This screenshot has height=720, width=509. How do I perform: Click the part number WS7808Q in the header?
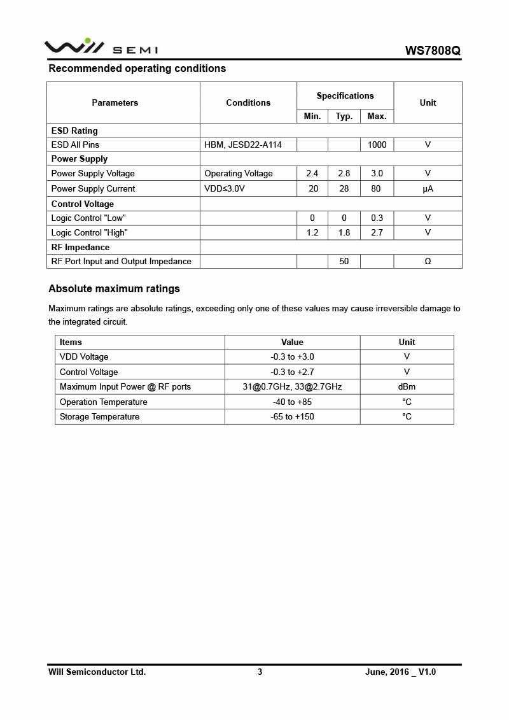(433, 50)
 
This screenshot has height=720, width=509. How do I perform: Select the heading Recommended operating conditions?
(137, 68)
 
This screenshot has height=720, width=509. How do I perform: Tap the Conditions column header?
(248, 102)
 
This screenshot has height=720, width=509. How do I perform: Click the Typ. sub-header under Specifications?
(344, 116)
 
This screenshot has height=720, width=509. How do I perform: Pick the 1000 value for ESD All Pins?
(377, 145)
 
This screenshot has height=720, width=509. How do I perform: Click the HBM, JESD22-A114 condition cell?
(243, 145)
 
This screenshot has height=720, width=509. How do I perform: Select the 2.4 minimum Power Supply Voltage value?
(312, 173)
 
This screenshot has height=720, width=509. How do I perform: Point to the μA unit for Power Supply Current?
(428, 188)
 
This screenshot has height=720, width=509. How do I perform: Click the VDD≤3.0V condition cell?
(225, 188)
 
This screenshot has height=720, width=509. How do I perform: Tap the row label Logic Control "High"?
(89, 232)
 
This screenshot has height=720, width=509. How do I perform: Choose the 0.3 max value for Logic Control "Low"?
(377, 218)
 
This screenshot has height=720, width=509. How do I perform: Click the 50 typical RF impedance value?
(344, 261)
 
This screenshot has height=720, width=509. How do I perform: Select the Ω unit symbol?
(428, 261)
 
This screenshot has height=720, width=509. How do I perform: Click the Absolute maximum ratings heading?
(114, 288)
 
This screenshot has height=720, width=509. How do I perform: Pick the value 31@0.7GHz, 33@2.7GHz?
(292, 386)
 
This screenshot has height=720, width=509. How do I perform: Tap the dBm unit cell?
(407, 386)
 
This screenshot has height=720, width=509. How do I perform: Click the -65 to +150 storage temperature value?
(292, 416)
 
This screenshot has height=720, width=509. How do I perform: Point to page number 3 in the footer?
(260, 672)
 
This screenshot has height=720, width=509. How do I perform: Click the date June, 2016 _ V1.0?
(400, 672)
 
